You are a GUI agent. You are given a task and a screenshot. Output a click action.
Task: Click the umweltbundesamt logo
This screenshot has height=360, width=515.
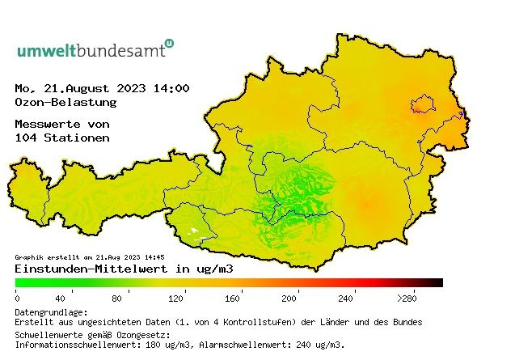(95, 49)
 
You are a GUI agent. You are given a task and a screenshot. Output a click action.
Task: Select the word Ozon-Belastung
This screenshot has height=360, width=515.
(65, 103)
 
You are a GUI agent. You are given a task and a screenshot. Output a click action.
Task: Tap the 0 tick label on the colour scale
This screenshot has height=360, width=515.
(17, 299)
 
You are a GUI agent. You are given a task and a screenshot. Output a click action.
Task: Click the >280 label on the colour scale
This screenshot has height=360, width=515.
(406, 299)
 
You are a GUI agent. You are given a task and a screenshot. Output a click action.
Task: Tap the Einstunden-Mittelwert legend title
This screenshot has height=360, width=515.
(124, 269)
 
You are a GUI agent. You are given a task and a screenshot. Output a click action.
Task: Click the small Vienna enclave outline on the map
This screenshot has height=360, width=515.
(423, 103)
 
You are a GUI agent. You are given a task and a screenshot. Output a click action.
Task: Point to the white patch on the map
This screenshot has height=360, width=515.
(192, 231)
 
